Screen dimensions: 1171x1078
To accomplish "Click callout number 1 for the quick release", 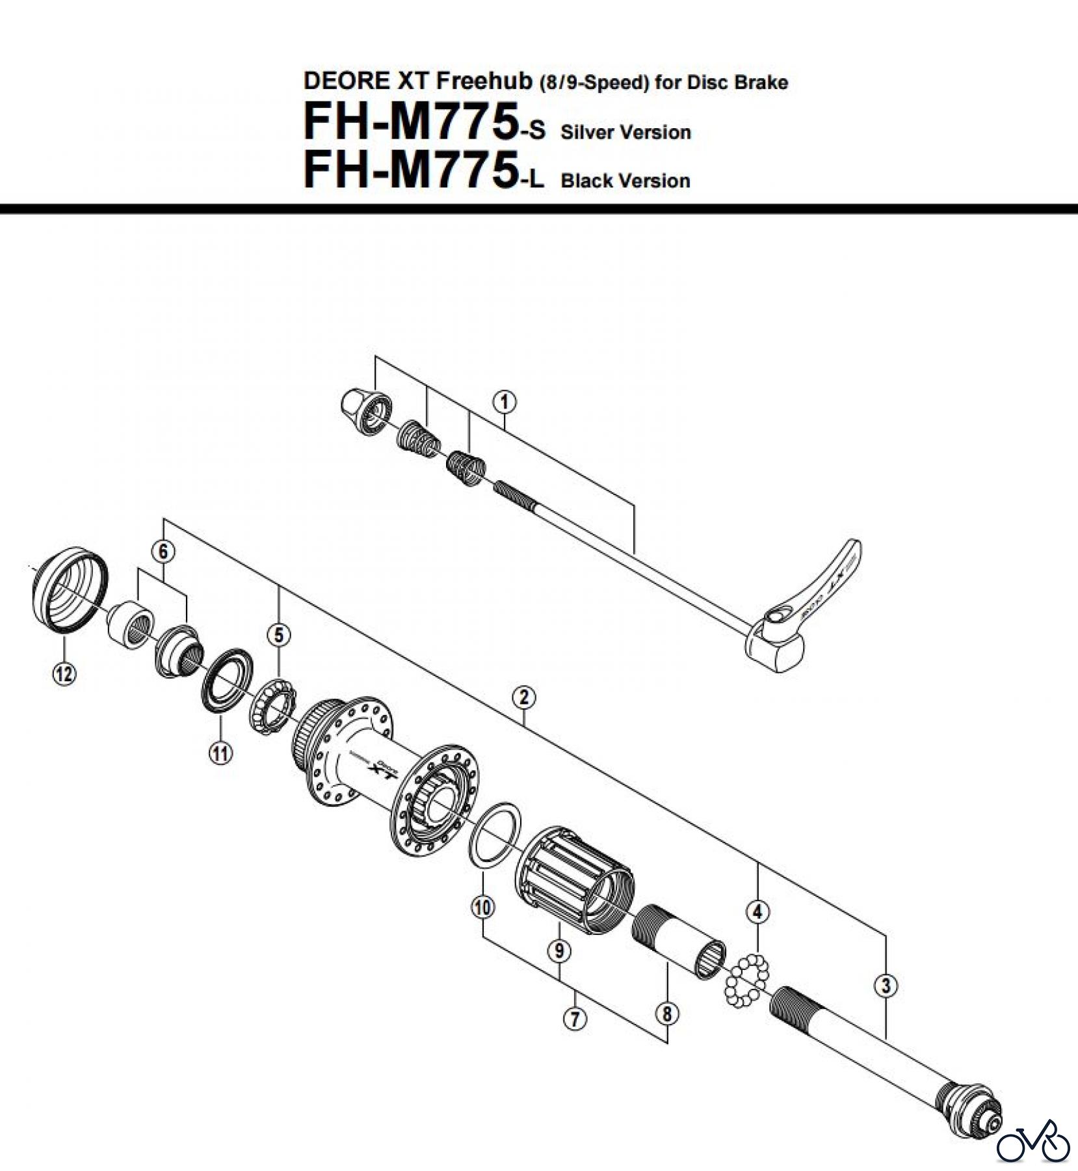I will click(505, 403).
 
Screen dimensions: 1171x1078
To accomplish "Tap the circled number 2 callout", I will click(524, 697).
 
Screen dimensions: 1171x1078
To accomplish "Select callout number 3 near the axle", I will click(886, 985).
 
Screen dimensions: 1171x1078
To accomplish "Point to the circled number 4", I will click(757, 912).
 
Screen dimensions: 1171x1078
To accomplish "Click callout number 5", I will click(279, 635).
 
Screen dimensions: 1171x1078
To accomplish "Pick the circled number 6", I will click(163, 552).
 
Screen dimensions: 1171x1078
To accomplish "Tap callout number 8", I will click(667, 1013).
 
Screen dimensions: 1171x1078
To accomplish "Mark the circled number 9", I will click(559, 951).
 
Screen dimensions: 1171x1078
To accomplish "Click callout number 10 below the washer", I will click(482, 907).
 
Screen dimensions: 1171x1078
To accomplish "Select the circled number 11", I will click(220, 753).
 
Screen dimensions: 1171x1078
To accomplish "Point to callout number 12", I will click(64, 674).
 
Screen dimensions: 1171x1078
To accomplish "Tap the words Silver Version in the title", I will click(625, 133).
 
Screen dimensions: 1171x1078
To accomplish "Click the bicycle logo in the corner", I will click(1033, 1140).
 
